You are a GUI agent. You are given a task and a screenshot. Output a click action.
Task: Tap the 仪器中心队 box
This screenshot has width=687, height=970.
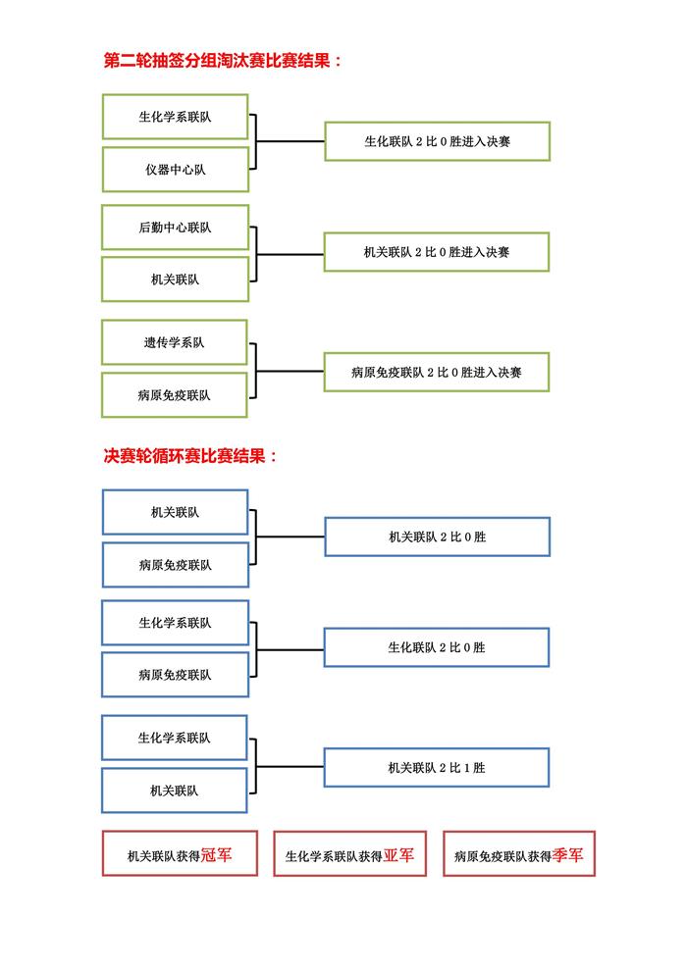(176, 170)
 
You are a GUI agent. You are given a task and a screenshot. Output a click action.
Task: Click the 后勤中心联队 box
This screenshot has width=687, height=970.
(175, 228)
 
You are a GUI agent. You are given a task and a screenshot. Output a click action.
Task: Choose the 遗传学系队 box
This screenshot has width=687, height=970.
(175, 342)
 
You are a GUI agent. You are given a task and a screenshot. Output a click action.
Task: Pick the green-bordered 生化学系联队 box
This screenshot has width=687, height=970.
(175, 117)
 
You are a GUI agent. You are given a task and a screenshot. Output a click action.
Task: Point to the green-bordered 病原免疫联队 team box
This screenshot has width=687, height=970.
(175, 394)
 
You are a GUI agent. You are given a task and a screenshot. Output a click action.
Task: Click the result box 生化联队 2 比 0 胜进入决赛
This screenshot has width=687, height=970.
(438, 141)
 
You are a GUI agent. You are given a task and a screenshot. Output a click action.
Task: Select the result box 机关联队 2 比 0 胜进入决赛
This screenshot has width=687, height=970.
(437, 252)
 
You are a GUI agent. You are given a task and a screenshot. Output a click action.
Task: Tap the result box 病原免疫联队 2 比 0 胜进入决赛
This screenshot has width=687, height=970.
(437, 372)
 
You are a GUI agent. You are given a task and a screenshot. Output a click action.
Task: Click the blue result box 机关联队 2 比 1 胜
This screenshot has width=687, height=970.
(437, 768)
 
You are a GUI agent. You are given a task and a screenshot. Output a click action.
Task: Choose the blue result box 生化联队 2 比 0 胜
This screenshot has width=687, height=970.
(437, 647)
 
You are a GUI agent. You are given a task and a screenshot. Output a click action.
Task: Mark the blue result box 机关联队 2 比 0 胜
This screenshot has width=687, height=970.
(438, 536)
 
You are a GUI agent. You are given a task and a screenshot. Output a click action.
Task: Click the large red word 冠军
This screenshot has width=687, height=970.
(216, 855)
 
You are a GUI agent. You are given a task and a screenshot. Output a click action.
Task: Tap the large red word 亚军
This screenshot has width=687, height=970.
(398, 855)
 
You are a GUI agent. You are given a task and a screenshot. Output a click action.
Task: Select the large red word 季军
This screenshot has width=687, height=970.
(567, 855)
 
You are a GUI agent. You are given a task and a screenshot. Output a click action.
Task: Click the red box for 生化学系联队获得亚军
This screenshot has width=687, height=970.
(350, 853)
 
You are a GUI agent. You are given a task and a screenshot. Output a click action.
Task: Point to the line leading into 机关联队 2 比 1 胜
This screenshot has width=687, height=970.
(291, 767)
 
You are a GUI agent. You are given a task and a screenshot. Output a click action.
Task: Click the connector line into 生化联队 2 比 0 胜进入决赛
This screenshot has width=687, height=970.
(291, 141)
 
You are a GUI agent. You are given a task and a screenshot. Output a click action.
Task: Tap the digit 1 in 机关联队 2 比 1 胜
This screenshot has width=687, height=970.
(466, 768)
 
